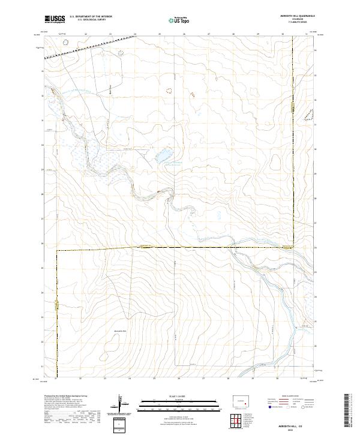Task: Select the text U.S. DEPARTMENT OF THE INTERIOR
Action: click(91, 17)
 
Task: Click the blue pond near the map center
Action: click(161, 157)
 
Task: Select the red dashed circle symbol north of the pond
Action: click(168, 91)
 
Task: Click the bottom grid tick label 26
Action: click(179, 379)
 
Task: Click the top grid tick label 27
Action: click(208, 34)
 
